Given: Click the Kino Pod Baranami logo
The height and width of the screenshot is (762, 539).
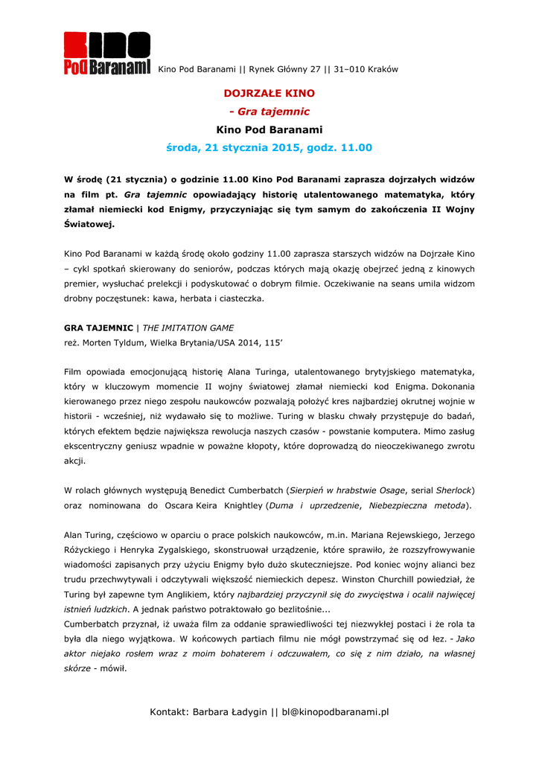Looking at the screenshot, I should tap(107, 54).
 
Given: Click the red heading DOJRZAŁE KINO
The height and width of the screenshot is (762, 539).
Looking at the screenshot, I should tap(269, 94).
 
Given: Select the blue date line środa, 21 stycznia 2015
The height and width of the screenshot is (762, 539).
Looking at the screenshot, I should tap(269, 148).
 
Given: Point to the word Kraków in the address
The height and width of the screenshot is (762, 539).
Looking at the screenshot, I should tap(382, 70).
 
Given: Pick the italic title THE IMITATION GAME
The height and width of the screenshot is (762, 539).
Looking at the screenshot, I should tap(188, 327).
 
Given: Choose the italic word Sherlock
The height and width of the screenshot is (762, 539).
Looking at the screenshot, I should tap(453, 490).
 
